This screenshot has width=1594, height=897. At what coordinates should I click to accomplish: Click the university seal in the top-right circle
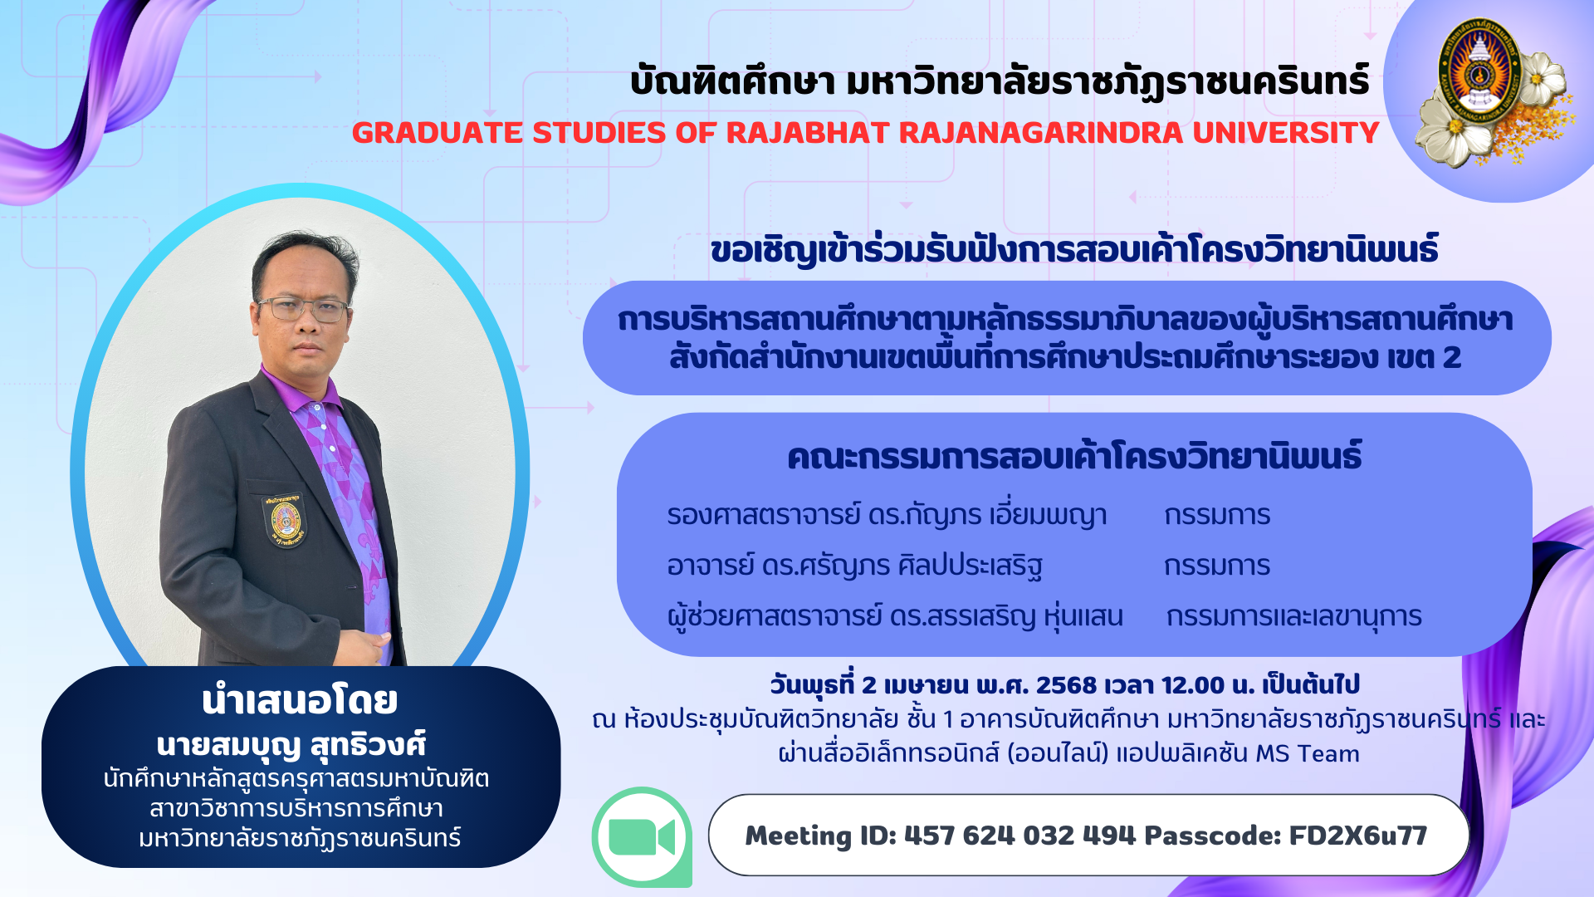click(1479, 71)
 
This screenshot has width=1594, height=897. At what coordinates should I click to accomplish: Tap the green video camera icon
click(642, 836)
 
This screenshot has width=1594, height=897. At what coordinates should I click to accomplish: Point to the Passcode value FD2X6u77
click(1357, 836)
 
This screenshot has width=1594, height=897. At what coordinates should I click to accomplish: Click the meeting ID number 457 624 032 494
click(1019, 836)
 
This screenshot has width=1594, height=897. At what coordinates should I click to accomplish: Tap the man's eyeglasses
click(304, 309)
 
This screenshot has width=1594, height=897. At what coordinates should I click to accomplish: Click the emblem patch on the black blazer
click(285, 521)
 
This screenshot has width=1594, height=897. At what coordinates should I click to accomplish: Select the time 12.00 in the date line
click(1193, 685)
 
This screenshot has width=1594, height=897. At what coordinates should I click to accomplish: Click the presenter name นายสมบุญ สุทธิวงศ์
click(291, 745)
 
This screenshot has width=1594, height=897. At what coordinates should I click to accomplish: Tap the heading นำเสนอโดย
click(300, 700)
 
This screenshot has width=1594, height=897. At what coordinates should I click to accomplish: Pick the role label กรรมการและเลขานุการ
click(1293, 617)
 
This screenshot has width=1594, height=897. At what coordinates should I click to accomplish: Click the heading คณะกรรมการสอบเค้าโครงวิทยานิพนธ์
click(1074, 457)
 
